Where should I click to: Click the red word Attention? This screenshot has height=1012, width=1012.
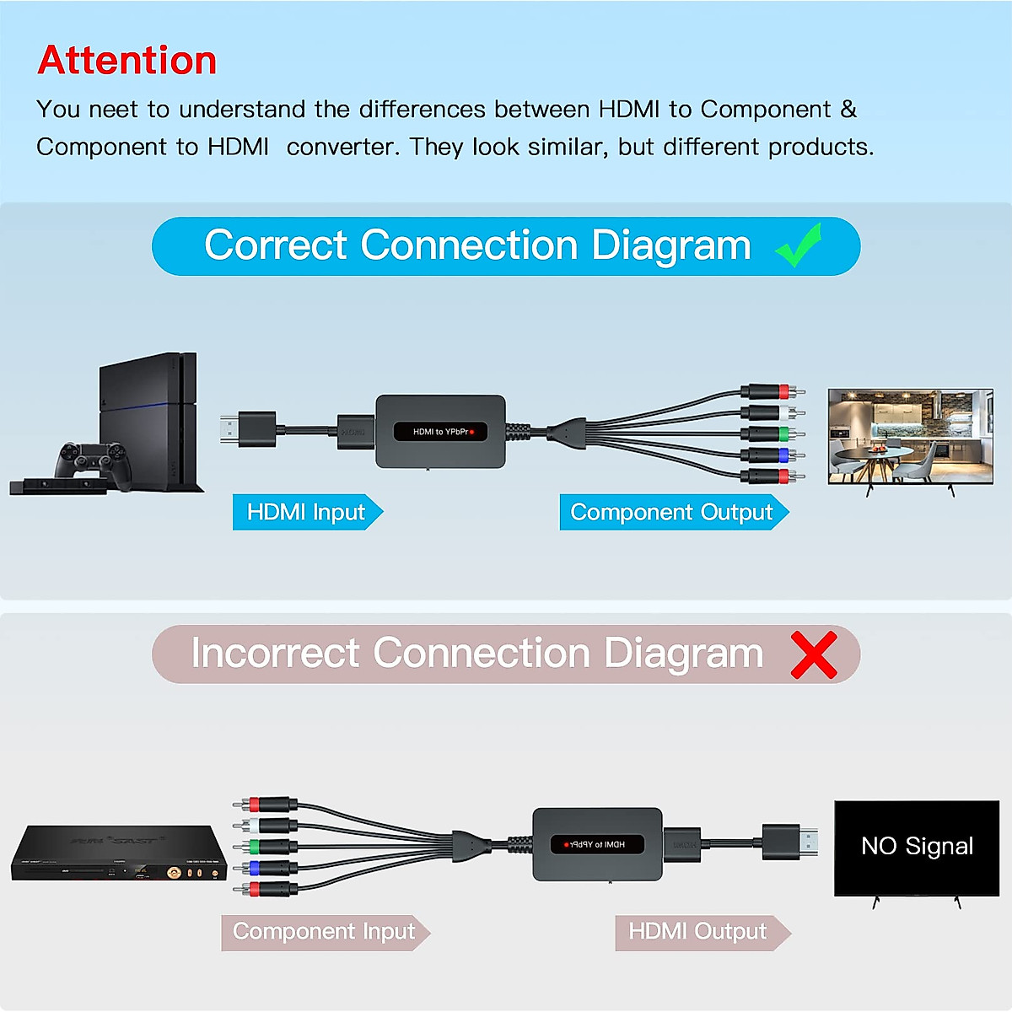pyautogui.click(x=127, y=61)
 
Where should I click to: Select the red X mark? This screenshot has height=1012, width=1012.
pyautogui.click(x=814, y=654)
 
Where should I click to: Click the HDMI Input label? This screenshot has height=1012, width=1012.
pyautogui.click(x=306, y=512)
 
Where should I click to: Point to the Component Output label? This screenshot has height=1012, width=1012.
pyautogui.click(x=672, y=512)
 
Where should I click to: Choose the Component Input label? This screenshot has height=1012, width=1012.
pyautogui.click(x=324, y=932)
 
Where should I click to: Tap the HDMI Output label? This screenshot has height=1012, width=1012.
pyautogui.click(x=698, y=932)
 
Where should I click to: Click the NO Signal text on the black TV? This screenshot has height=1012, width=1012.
pyautogui.click(x=917, y=846)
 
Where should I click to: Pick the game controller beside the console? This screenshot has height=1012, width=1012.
pyautogui.click(x=92, y=462)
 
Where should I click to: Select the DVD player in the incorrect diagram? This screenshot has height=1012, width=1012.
pyautogui.click(x=119, y=854)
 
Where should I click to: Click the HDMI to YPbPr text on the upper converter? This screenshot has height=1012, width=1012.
pyautogui.click(x=440, y=432)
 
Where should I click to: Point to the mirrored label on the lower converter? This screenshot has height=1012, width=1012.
pyautogui.click(x=597, y=844)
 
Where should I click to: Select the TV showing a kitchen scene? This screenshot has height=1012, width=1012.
pyautogui.click(x=910, y=437)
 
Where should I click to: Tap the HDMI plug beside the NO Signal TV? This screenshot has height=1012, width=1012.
pyautogui.click(x=790, y=842)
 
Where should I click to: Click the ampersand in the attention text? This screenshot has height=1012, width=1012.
pyautogui.click(x=848, y=110)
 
